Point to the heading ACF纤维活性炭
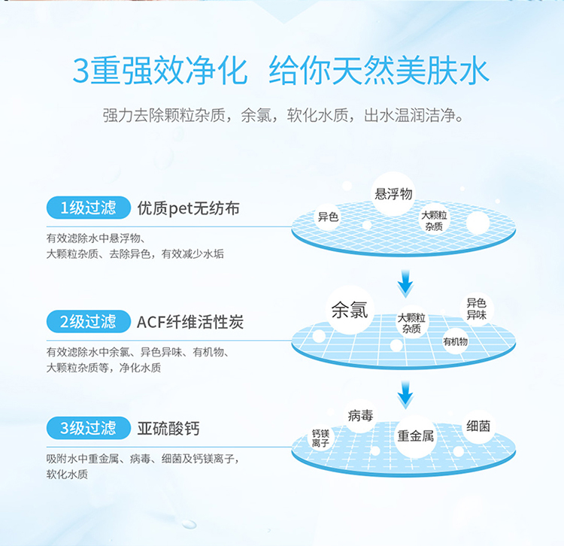tap(190, 323)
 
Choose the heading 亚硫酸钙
tap(168, 429)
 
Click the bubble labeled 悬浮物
tap(393, 194)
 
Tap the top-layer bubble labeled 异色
tap(328, 217)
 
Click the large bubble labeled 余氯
tap(350, 309)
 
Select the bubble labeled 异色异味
tap(477, 308)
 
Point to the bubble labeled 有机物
tap(456, 341)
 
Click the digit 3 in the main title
tap(81, 71)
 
